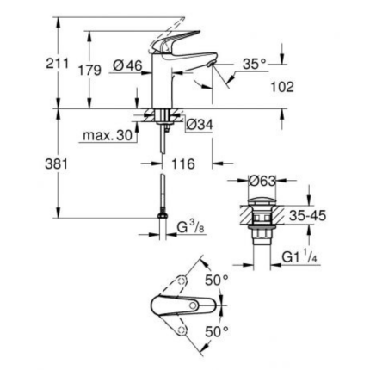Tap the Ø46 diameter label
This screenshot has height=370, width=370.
(128, 65)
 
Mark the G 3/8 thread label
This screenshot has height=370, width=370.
(191, 227)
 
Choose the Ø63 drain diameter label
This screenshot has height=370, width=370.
(262, 181)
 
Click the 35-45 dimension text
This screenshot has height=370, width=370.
(306, 216)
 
